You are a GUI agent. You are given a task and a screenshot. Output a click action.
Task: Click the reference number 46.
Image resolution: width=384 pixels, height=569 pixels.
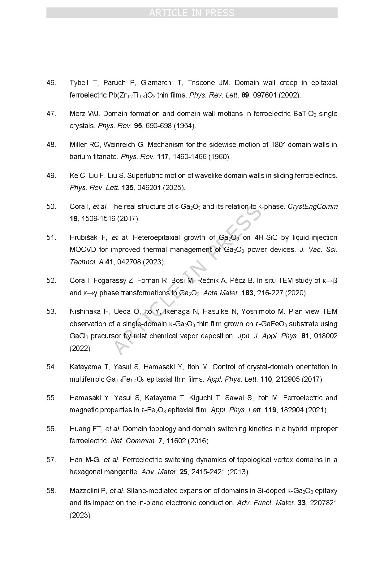(51, 83)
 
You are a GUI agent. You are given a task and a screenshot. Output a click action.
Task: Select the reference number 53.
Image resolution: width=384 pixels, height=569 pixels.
(51, 311)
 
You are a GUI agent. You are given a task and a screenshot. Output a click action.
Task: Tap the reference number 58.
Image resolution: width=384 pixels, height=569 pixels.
(51, 491)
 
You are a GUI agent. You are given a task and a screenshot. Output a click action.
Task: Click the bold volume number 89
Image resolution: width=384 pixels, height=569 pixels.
(245, 95)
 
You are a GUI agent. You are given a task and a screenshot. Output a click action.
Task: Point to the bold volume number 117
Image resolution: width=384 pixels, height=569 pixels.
(162, 157)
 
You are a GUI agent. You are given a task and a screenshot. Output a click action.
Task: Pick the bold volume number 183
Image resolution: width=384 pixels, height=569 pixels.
(247, 293)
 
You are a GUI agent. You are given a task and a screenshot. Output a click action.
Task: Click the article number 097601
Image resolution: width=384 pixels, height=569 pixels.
(265, 95)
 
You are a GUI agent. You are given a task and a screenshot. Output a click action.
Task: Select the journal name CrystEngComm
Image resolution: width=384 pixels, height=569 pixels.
(313, 206)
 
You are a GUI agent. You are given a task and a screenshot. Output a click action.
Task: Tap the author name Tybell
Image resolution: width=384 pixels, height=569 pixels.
(79, 83)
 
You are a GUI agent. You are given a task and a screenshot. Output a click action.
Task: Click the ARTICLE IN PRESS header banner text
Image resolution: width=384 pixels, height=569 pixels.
(192, 13)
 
